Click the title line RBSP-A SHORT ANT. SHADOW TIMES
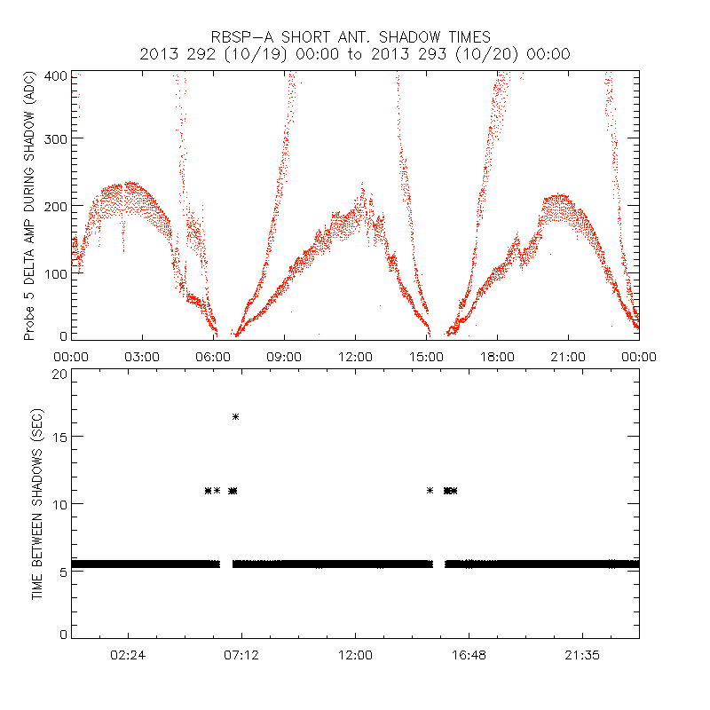355,36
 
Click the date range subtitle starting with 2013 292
355,54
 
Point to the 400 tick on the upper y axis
56,76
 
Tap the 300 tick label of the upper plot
56,138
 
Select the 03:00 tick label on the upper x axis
142,357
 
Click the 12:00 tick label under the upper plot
355,357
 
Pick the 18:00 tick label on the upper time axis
497,357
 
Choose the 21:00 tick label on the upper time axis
568,357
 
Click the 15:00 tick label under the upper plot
426,357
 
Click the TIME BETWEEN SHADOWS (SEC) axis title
37,505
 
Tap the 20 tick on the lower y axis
59,375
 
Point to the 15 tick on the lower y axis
59,437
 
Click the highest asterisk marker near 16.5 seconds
236,416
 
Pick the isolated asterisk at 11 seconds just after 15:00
430,490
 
